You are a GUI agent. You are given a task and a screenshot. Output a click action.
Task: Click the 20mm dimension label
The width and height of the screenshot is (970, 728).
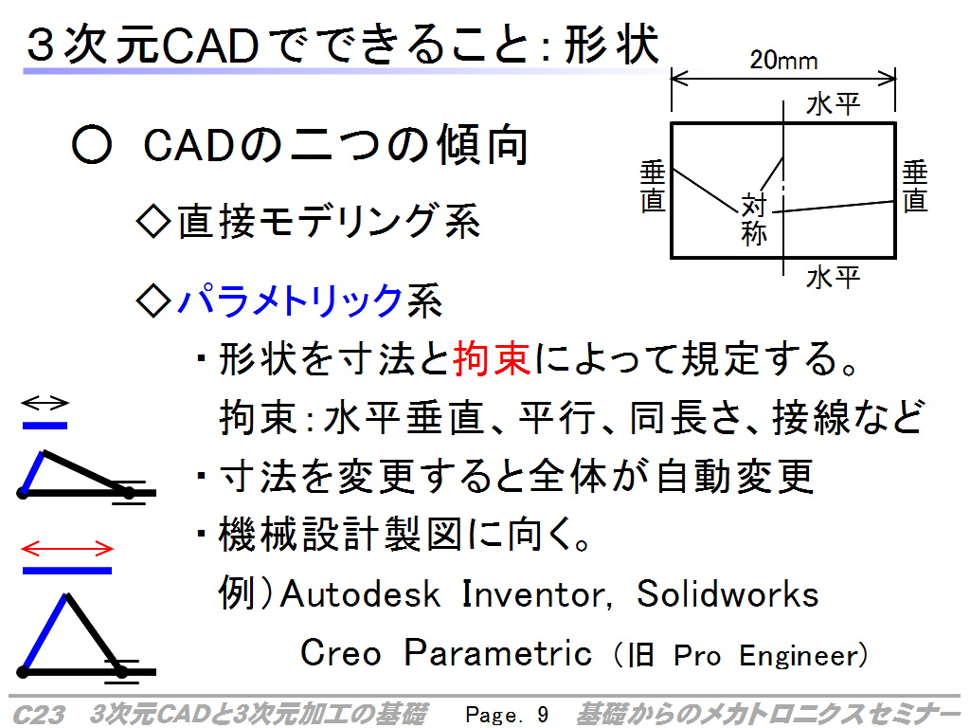coord(783,61)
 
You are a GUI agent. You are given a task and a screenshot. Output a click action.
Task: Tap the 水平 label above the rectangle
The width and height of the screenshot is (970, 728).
coord(833,104)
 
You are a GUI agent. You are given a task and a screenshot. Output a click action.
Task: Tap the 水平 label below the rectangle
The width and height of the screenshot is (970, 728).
coord(833,278)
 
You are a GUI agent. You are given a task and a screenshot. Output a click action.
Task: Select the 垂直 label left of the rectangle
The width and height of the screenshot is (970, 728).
coord(653,187)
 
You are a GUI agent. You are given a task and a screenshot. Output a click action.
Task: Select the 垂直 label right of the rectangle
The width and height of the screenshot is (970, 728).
coord(915,187)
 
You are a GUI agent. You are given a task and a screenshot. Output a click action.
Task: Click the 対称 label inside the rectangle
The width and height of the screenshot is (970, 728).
coord(753,220)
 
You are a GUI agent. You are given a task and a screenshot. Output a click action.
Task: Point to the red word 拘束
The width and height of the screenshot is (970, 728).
coord(492,358)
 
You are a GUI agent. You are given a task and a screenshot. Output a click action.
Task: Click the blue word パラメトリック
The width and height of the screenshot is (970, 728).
coord(290,300)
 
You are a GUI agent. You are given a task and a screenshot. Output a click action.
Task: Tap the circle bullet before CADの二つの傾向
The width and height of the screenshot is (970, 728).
coord(92,145)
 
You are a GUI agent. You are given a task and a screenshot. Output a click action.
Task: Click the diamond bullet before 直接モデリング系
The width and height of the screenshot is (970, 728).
coord(153,222)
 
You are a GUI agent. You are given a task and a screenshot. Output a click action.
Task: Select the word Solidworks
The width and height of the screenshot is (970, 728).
coord(727,593)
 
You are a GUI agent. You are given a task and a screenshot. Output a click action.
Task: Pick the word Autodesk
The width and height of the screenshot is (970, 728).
coord(360,593)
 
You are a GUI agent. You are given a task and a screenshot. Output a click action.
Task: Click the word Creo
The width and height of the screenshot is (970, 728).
coord(340,653)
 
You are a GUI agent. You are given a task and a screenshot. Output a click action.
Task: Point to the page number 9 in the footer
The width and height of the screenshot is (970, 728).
coord(543,715)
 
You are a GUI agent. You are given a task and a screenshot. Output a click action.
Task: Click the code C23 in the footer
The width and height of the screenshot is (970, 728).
coord(38,715)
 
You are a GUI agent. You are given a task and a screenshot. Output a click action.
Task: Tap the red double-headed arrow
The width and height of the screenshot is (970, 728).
coord(67,549)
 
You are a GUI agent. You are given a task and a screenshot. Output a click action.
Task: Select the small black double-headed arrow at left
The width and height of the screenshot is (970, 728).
coord(45,403)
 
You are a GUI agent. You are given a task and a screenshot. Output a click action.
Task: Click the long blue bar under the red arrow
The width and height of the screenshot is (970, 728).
coord(67,570)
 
